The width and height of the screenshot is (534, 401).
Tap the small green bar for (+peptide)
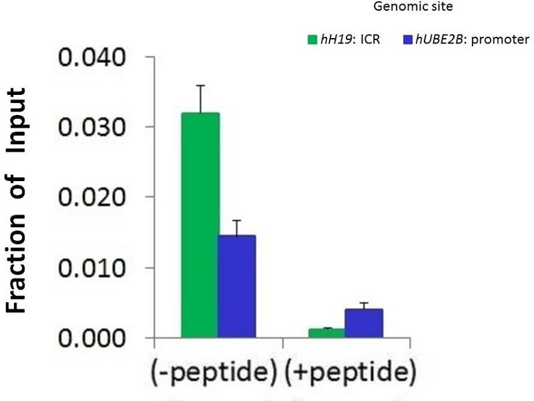326,332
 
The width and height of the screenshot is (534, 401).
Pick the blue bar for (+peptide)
363,323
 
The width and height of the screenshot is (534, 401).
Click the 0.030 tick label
93,127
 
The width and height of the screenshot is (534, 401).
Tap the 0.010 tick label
93,268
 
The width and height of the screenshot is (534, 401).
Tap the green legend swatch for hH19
311,39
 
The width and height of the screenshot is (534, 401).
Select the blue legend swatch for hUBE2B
407,39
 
